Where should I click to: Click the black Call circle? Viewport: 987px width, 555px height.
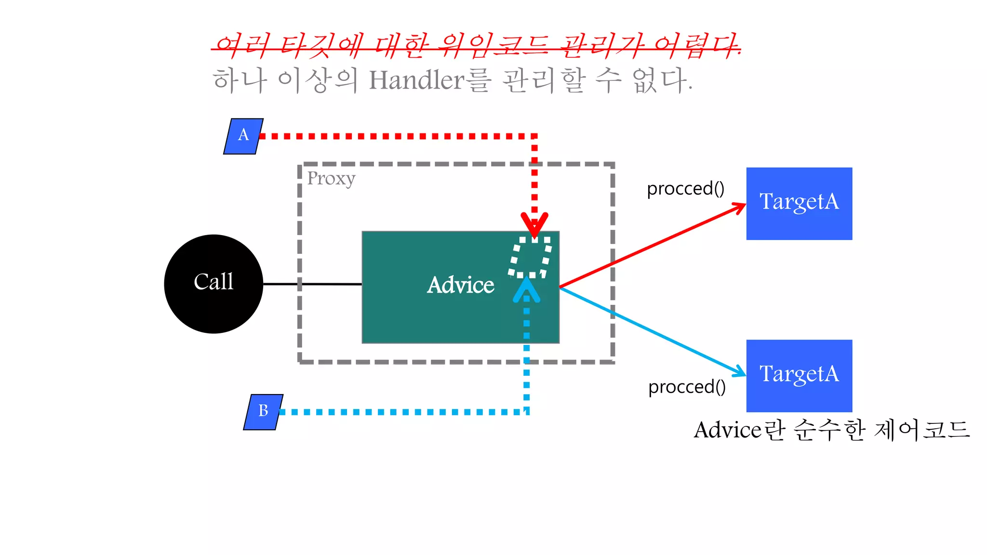click(x=213, y=284)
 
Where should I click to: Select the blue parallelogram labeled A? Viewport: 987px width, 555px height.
click(x=243, y=136)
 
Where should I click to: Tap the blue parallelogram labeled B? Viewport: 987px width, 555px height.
click(x=263, y=412)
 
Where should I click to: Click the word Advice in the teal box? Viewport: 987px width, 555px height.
click(x=460, y=285)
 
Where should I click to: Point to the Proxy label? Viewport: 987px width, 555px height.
click(x=331, y=179)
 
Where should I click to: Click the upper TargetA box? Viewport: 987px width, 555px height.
click(x=799, y=203)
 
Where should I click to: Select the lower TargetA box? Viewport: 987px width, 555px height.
click(x=799, y=375)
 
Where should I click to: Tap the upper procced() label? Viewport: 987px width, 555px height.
click(x=685, y=188)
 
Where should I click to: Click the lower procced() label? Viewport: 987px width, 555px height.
click(x=687, y=387)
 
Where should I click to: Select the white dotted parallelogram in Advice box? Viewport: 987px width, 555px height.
click(x=530, y=257)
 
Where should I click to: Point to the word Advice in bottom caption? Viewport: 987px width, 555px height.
click(x=728, y=430)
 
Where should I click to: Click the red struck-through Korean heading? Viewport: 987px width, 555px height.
click(x=476, y=46)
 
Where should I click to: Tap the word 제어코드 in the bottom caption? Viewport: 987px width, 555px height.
click(x=921, y=430)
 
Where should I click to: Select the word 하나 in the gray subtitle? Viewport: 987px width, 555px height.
click(x=240, y=80)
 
